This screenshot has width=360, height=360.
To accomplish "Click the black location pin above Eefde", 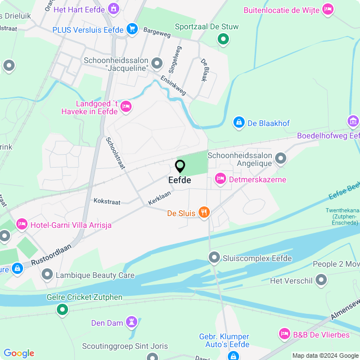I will (x=180, y=166).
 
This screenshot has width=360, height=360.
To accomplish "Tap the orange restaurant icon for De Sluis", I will (x=204, y=213).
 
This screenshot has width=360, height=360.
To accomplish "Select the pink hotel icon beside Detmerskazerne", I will (x=220, y=179).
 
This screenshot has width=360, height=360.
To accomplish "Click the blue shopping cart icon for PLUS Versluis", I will (x=132, y=29).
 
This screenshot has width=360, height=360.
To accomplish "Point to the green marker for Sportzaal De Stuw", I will (x=223, y=39).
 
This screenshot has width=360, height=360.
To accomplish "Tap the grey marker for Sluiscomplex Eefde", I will (x=214, y=258).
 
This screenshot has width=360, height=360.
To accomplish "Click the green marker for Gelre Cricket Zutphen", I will (x=62, y=309).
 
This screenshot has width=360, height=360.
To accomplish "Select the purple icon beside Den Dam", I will (x=131, y=322).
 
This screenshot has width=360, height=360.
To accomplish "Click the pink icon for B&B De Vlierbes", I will (x=285, y=334).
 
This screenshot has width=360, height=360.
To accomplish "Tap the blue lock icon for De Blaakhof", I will (x=239, y=122).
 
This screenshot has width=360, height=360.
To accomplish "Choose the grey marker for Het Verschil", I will (x=321, y=280).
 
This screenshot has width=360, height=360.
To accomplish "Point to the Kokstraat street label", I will (x=107, y=200).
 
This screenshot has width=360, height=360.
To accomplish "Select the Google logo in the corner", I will (x=19, y=353).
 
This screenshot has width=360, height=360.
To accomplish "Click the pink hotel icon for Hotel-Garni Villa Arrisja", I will (x=22, y=224).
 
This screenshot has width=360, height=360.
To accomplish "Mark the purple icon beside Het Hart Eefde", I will (x=114, y=9).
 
